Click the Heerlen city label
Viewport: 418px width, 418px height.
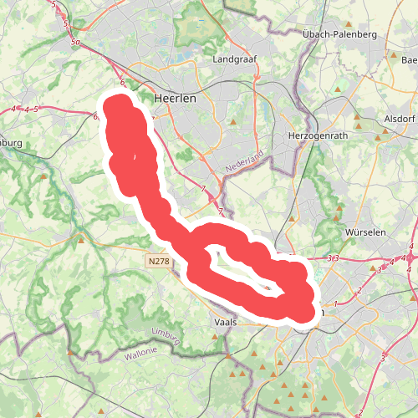(175, 98)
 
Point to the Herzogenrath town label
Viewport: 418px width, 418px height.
(316, 135)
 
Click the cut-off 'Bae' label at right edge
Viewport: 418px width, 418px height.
(409, 60)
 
